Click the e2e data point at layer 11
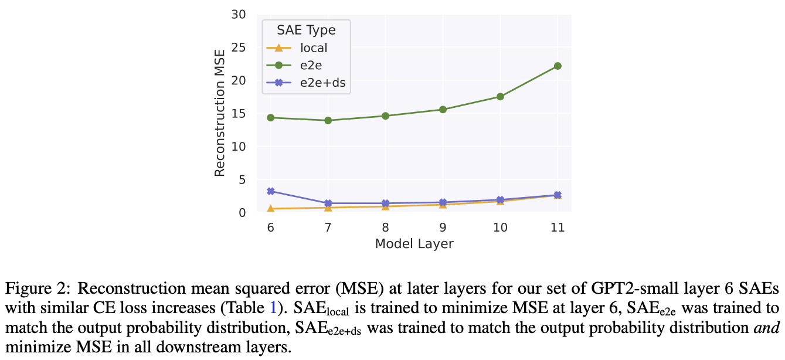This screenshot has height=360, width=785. (558, 66)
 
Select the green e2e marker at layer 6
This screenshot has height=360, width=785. (271, 118)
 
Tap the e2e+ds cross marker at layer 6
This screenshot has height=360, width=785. (271, 191)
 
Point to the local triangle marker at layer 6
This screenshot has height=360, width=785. (271, 209)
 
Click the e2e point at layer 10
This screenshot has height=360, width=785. (500, 97)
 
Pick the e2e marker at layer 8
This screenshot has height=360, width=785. (386, 116)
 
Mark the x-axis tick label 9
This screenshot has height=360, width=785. (443, 227)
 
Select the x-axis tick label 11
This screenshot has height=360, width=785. (558, 227)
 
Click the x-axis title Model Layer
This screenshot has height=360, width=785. (414, 243)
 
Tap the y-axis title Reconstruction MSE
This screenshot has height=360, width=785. (220, 114)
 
